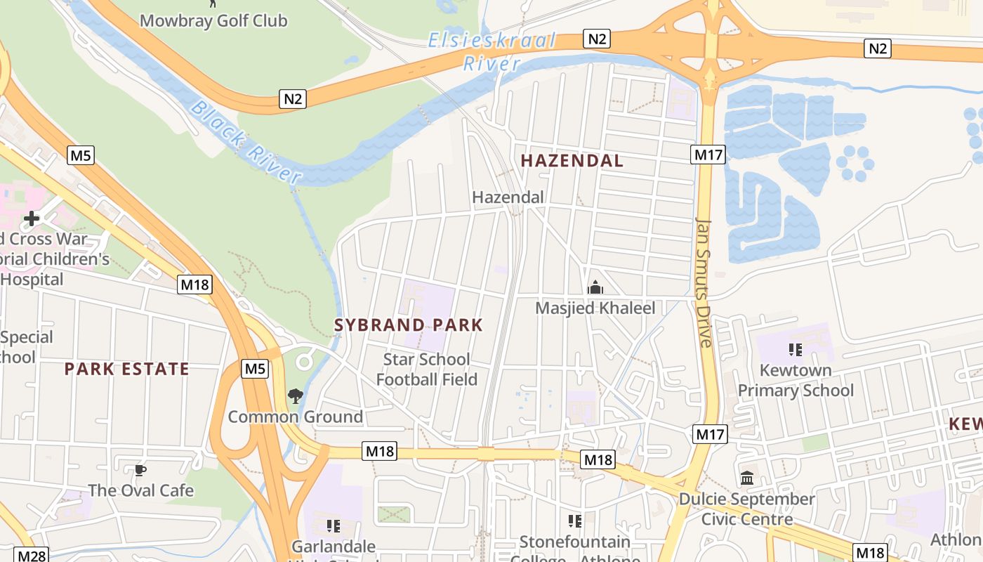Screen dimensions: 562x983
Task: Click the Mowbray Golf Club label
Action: pyautogui.click(x=213, y=20)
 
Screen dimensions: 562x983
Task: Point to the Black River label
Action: pyautogui.click(x=245, y=143)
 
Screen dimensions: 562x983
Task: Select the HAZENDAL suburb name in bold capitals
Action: pyautogui.click(x=572, y=161)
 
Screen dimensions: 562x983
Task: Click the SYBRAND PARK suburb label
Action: pyautogui.click(x=409, y=325)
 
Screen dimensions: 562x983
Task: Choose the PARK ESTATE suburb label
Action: pyautogui.click(x=127, y=369)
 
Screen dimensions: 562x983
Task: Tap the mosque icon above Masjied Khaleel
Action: pyautogui.click(x=595, y=287)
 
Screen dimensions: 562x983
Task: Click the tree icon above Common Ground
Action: pyautogui.click(x=296, y=396)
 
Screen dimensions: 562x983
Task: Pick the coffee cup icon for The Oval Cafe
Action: pyautogui.click(x=140, y=470)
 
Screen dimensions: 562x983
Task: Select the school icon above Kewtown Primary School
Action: pyautogui.click(x=796, y=349)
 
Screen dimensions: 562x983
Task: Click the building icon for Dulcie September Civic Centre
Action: pyautogui.click(x=747, y=478)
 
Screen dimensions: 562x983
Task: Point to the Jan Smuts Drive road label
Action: pyautogui.click(x=704, y=281)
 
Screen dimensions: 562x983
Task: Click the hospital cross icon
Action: pyautogui.click(x=32, y=218)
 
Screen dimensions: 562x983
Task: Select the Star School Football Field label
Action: pyautogui.click(x=426, y=370)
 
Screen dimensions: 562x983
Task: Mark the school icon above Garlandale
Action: pyautogui.click(x=333, y=525)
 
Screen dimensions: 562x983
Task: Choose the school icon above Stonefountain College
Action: pyautogui.click(x=575, y=521)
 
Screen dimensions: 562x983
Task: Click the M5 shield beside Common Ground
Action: pyautogui.click(x=256, y=368)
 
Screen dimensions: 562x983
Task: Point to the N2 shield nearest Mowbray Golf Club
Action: pyautogui.click(x=293, y=99)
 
